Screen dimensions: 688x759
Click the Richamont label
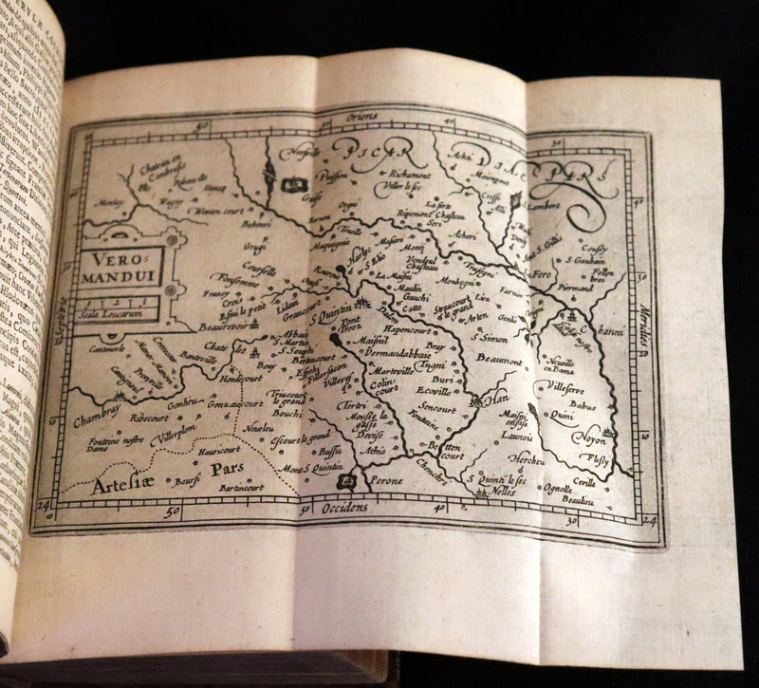[x=411, y=176]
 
